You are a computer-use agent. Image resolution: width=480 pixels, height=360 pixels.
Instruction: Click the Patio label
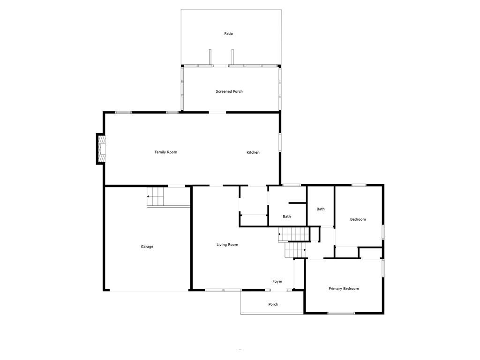click(228, 34)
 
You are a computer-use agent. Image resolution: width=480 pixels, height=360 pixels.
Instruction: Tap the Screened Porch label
click(229, 91)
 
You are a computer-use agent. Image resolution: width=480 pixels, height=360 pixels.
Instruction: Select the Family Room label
click(165, 152)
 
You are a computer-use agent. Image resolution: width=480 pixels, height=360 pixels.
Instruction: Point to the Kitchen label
click(253, 152)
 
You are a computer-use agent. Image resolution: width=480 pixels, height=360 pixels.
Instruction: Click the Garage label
click(147, 247)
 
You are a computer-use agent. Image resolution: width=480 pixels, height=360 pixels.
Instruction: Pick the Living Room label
click(227, 245)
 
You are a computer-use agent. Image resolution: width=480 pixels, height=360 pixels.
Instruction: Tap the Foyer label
click(277, 281)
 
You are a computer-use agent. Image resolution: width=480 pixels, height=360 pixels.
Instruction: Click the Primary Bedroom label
click(344, 288)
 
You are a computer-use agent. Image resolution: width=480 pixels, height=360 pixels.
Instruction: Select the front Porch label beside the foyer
click(273, 304)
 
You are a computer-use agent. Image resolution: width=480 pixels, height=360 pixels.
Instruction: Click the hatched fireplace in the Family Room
click(102, 149)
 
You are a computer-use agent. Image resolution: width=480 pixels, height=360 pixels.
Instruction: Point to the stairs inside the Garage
click(155, 196)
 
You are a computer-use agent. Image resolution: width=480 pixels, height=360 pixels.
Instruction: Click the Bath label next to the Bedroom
click(321, 209)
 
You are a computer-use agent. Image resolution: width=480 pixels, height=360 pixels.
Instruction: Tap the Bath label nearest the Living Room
click(286, 217)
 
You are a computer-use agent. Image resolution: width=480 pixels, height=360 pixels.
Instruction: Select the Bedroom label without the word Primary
click(358, 219)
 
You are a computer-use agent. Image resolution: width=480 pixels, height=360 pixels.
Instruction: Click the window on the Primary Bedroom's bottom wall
click(341, 313)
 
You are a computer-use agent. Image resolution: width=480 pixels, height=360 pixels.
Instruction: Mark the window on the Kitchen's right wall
click(280, 142)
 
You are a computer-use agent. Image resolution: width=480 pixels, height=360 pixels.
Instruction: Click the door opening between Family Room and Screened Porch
click(217, 112)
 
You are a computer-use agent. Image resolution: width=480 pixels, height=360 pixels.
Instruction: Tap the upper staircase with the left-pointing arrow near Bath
click(294, 234)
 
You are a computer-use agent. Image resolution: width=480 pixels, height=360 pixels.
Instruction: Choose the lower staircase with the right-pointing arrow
click(296, 250)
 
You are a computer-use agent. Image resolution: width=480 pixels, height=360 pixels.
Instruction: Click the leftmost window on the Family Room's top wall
click(123, 112)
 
